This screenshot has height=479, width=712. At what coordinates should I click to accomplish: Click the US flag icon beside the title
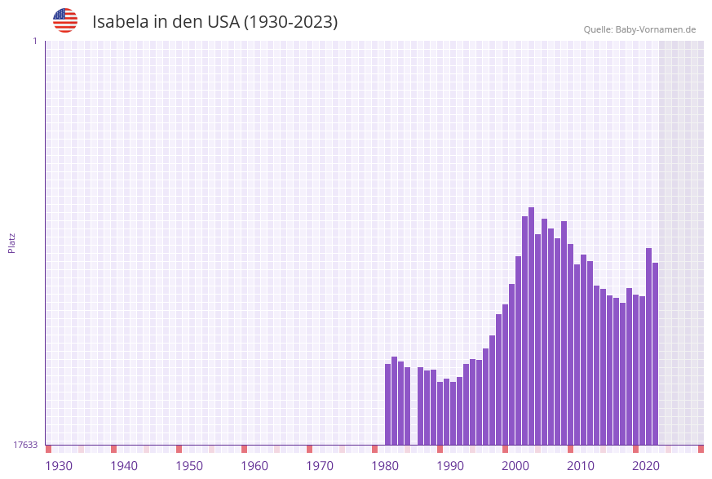(65, 20)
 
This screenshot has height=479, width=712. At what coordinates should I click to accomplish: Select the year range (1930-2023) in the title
(290, 22)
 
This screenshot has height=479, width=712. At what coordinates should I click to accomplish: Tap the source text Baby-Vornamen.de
(655, 29)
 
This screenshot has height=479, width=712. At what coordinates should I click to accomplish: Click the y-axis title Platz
(11, 242)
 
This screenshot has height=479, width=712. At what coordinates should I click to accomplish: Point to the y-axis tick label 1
(34, 41)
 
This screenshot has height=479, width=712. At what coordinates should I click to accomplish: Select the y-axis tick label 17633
(25, 445)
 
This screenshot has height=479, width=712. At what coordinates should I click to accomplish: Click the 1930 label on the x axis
(59, 466)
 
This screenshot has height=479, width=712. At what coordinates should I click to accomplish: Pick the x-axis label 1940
(124, 466)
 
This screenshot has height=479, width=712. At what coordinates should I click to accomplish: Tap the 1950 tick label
(189, 466)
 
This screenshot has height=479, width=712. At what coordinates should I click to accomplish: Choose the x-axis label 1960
(254, 466)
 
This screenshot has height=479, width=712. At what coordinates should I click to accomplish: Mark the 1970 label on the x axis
(320, 466)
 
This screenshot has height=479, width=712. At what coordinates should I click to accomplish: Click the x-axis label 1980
(385, 466)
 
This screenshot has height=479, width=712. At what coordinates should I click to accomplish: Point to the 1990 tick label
(450, 466)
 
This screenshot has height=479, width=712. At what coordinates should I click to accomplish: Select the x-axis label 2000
(515, 466)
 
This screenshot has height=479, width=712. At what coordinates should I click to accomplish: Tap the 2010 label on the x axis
(581, 466)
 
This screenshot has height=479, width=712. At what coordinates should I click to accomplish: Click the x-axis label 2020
(646, 466)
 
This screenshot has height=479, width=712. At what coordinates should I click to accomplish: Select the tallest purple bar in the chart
(531, 326)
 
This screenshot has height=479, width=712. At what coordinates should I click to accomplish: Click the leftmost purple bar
(387, 404)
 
